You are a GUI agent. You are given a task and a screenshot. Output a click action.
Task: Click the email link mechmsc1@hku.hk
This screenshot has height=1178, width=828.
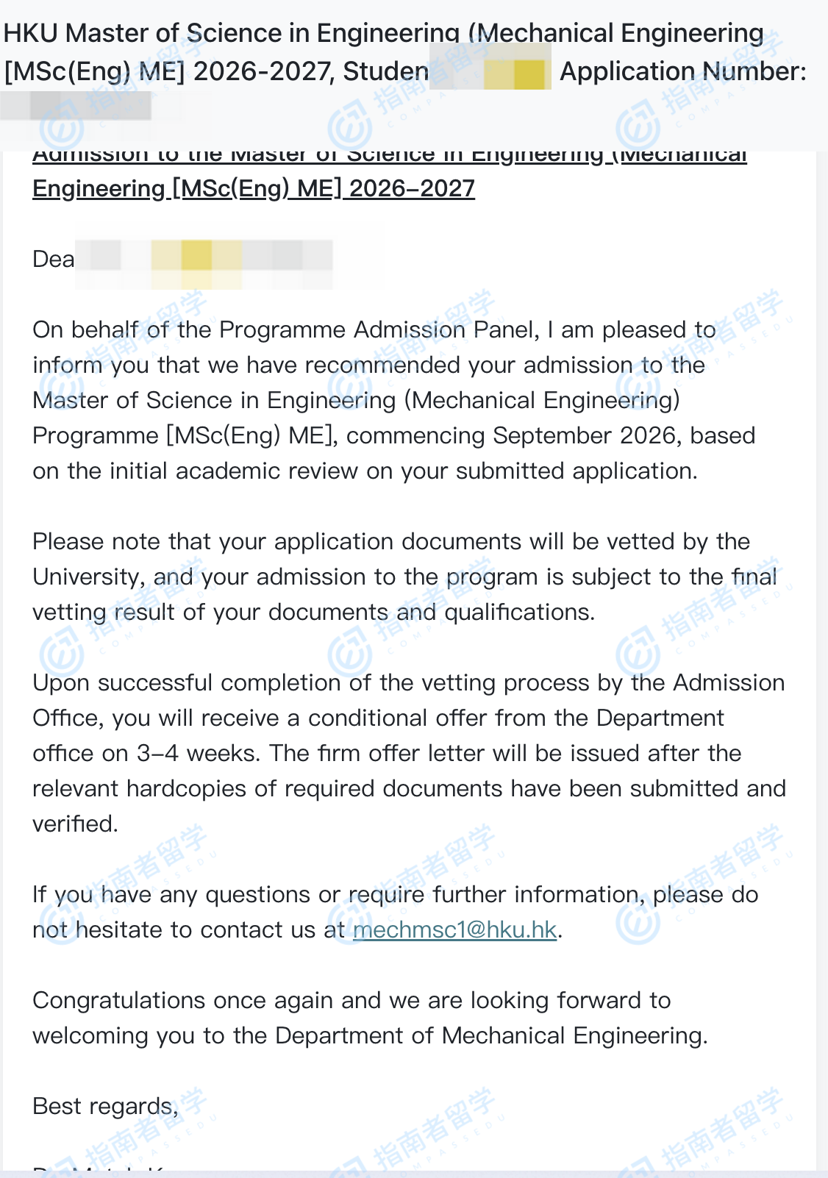click(x=454, y=930)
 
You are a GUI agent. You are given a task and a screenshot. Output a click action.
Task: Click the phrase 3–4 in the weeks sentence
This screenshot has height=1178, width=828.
click(x=157, y=754)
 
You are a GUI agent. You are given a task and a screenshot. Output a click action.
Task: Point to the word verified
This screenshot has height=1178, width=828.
click(x=74, y=824)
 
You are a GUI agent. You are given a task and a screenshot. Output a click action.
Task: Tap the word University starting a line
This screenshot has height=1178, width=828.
click(x=88, y=577)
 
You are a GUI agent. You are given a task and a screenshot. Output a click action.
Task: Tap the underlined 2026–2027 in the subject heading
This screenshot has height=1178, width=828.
click(x=412, y=189)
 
